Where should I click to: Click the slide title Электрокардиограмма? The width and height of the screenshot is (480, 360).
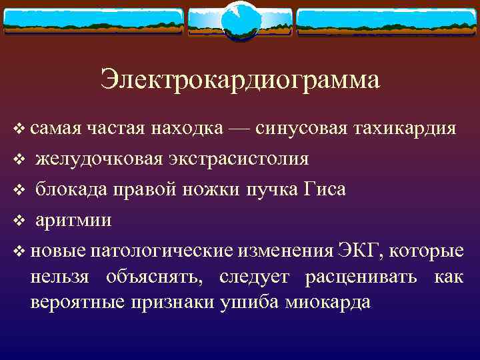point(240,80)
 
